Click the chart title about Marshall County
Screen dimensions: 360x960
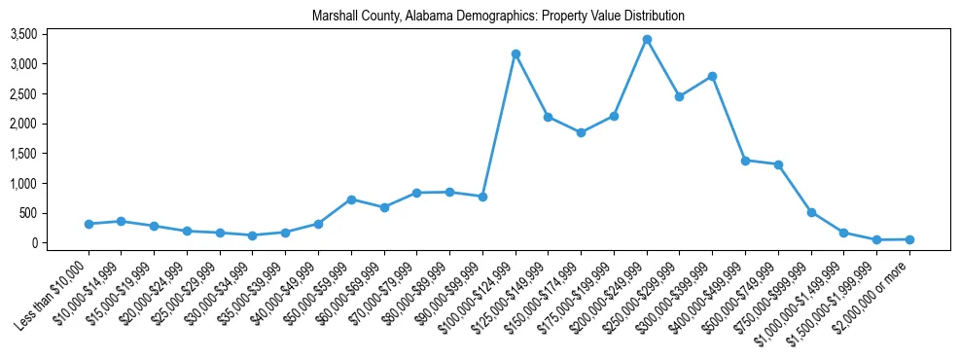click(498, 16)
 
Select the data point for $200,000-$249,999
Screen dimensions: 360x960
click(647, 40)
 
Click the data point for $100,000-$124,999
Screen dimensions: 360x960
click(516, 54)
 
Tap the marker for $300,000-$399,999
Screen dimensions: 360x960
click(713, 76)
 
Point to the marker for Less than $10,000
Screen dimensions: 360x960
click(89, 224)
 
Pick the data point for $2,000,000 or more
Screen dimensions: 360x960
click(909, 239)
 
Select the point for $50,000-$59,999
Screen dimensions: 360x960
click(351, 199)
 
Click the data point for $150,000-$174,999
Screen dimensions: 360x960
click(581, 132)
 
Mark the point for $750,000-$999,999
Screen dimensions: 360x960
click(811, 212)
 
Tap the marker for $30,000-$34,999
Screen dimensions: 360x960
click(253, 235)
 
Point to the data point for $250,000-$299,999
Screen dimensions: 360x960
click(680, 96)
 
